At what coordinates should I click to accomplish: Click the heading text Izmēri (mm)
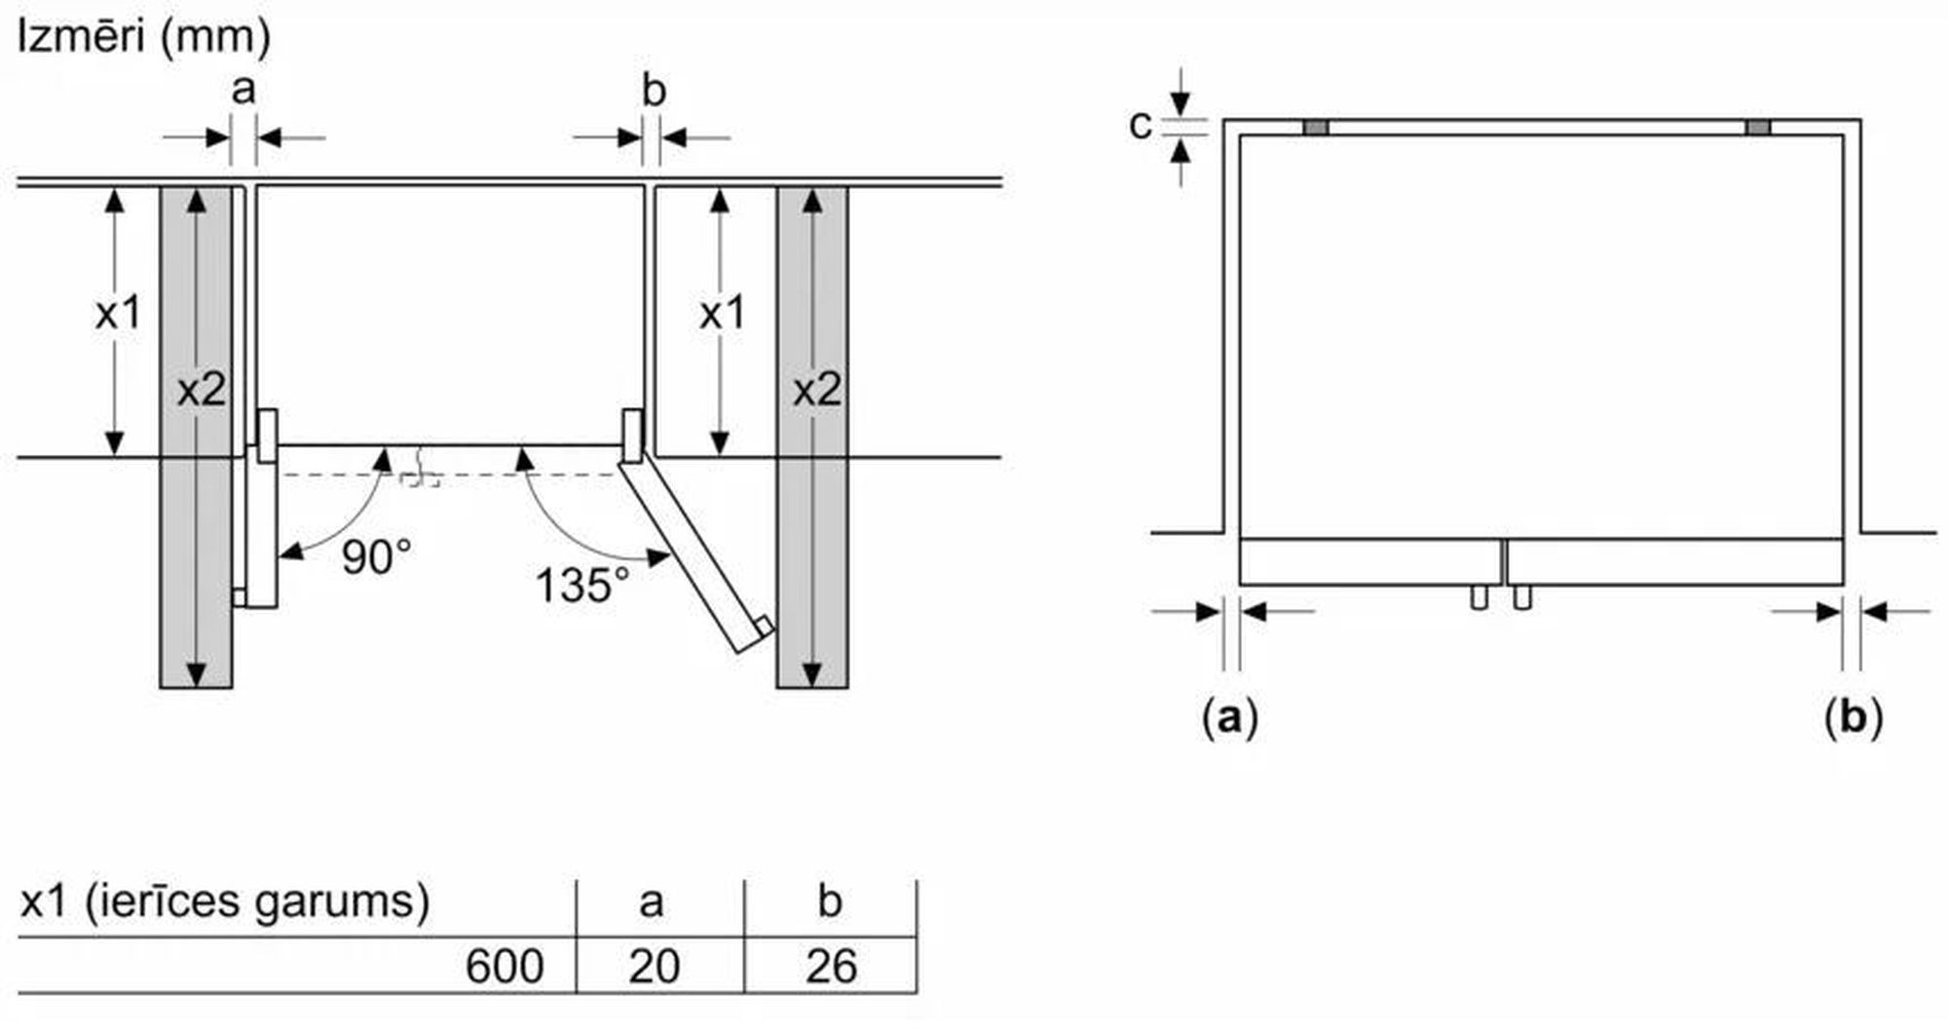(144, 37)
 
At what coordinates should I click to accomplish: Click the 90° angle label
(376, 557)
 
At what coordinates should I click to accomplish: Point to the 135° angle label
(581, 586)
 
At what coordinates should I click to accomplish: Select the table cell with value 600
(504, 967)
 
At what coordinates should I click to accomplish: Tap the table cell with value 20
(654, 967)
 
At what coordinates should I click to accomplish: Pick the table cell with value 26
(831, 967)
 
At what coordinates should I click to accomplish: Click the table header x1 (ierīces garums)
(225, 902)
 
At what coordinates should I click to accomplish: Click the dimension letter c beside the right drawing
(1140, 125)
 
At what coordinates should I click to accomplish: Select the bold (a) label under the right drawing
(1230, 718)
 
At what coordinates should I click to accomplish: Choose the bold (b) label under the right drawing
(1853, 718)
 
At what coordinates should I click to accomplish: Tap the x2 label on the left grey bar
(202, 390)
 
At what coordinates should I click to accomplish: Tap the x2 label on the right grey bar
(816, 390)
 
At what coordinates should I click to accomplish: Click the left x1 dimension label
(118, 313)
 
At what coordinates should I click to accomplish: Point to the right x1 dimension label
(722, 313)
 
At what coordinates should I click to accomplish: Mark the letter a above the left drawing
(243, 90)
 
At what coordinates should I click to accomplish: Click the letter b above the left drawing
(654, 91)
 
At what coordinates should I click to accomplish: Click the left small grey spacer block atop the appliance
(1315, 128)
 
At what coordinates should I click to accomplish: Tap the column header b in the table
(830, 902)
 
